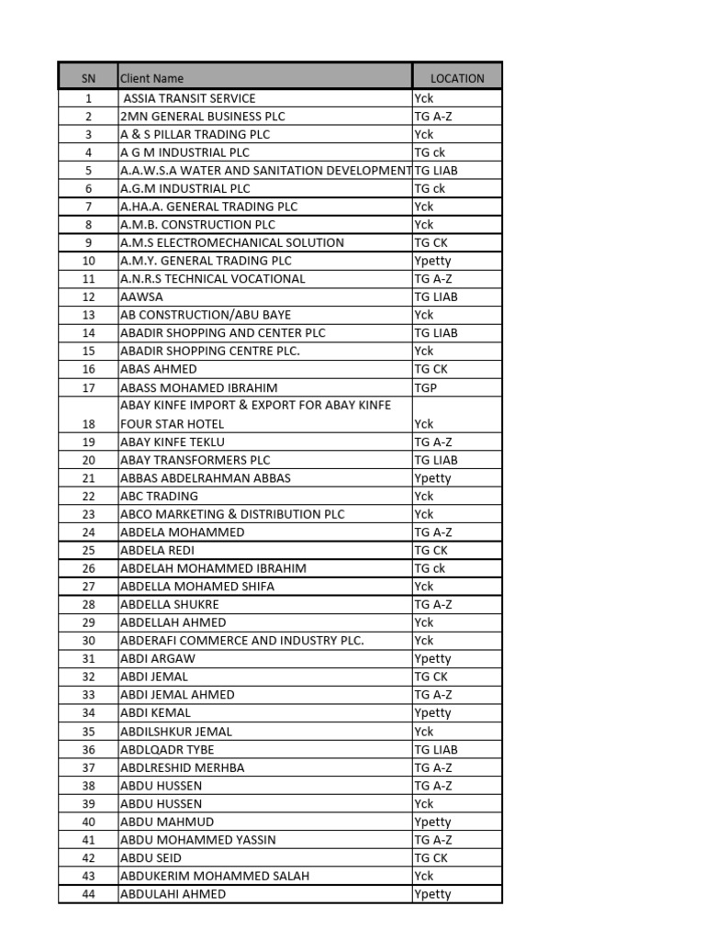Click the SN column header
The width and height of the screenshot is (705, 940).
[88, 78]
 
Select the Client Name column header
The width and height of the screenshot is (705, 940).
[152, 78]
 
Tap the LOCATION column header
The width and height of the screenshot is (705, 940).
[457, 78]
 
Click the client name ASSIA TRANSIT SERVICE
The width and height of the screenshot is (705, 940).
[190, 98]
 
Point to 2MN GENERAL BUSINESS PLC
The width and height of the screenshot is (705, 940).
[203, 117]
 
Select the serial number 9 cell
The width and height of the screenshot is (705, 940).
[88, 243]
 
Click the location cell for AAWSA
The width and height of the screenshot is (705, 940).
[436, 297]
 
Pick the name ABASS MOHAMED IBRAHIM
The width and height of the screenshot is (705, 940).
[199, 388]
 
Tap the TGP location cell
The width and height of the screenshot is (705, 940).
[426, 388]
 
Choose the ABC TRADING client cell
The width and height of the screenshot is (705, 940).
[159, 497]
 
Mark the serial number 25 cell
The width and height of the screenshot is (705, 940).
[88, 551]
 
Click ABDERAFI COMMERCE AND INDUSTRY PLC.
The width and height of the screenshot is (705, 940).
[242, 641]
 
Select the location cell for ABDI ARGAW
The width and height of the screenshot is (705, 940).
[432, 659]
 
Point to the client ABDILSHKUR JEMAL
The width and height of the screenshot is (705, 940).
[176, 732]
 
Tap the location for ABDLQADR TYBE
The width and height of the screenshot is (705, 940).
[436, 750]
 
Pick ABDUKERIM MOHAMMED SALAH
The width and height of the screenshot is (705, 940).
[215, 877]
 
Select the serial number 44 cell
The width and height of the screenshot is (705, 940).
[88, 894]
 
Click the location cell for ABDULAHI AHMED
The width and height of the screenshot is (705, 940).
[432, 894]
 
